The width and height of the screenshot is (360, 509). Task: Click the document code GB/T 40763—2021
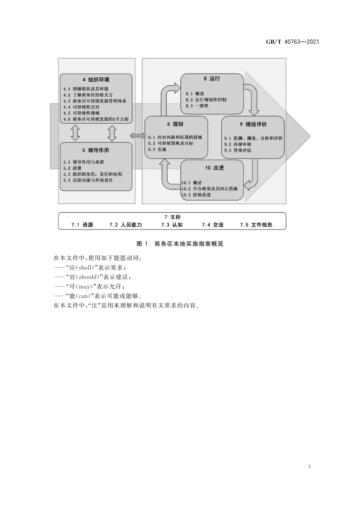click(292, 42)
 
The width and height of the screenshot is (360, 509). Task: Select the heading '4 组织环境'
click(96, 80)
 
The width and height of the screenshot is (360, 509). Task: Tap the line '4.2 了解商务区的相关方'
click(88, 95)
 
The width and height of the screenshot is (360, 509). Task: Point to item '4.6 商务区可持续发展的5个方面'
click(96, 119)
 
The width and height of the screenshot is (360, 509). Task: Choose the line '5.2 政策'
click(73, 168)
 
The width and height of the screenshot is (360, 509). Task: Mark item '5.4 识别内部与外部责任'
click(88, 180)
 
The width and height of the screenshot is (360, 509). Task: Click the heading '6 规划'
click(175, 124)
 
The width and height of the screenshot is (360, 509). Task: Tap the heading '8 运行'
click(212, 79)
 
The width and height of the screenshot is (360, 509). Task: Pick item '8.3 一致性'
click(197, 106)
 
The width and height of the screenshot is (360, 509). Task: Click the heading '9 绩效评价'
click(253, 124)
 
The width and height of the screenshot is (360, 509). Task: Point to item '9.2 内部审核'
click(238, 144)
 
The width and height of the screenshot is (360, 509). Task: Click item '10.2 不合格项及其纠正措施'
click(209, 189)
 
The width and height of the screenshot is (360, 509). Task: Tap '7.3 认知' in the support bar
click(172, 225)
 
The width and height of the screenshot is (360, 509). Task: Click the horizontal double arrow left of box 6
click(138, 136)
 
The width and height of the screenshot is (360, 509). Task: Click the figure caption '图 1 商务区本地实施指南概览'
click(180, 244)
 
